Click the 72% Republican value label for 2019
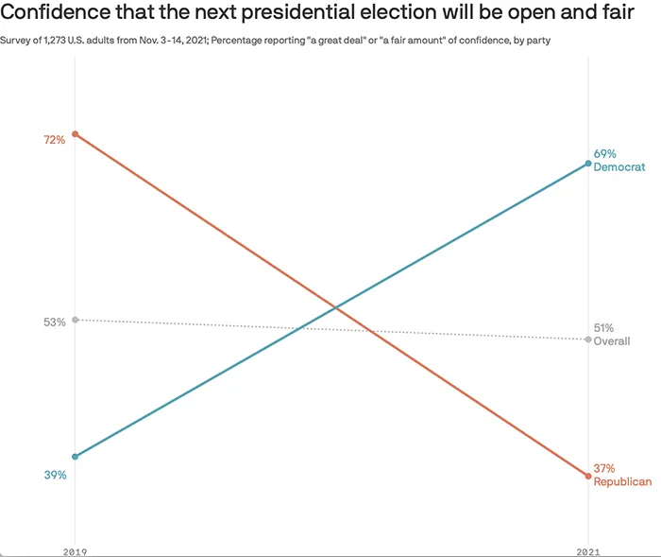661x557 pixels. tap(54, 140)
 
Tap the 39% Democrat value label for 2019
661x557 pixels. tap(54, 475)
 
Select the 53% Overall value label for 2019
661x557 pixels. tap(54, 322)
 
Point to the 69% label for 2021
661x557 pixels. tap(604, 153)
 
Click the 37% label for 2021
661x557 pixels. tap(604, 468)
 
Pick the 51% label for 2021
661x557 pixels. tap(604, 328)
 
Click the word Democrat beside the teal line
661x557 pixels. tap(619, 166)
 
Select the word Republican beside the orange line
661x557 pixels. tap(622, 481)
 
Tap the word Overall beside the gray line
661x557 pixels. tap(612, 341)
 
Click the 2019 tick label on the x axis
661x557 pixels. tap(76, 549)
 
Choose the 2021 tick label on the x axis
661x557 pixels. tap(588, 549)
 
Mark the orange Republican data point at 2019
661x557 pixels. tap(76, 134)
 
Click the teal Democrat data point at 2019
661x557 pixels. tap(76, 457)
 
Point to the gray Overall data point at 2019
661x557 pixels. tap(76, 320)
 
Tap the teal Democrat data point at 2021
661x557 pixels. tap(588, 164)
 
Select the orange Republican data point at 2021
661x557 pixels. tap(588, 476)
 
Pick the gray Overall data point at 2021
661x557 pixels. tap(588, 339)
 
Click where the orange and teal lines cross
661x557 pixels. tap(334, 307)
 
